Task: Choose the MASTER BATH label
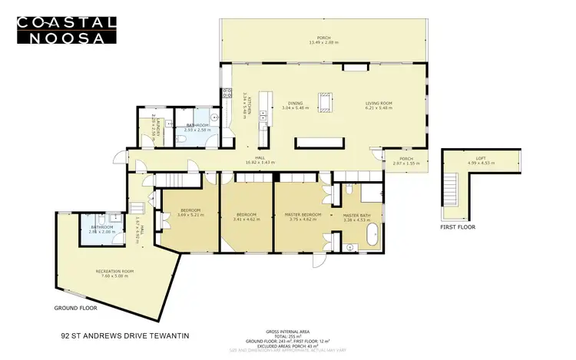coord(357,214)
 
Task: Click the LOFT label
coord(481,157)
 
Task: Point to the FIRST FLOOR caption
coord(459,228)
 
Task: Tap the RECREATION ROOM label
coord(115,272)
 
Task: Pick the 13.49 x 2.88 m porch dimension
coord(323,42)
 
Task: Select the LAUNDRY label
coord(155,125)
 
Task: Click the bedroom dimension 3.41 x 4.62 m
coord(247,219)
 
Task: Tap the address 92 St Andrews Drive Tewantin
coord(124,335)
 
